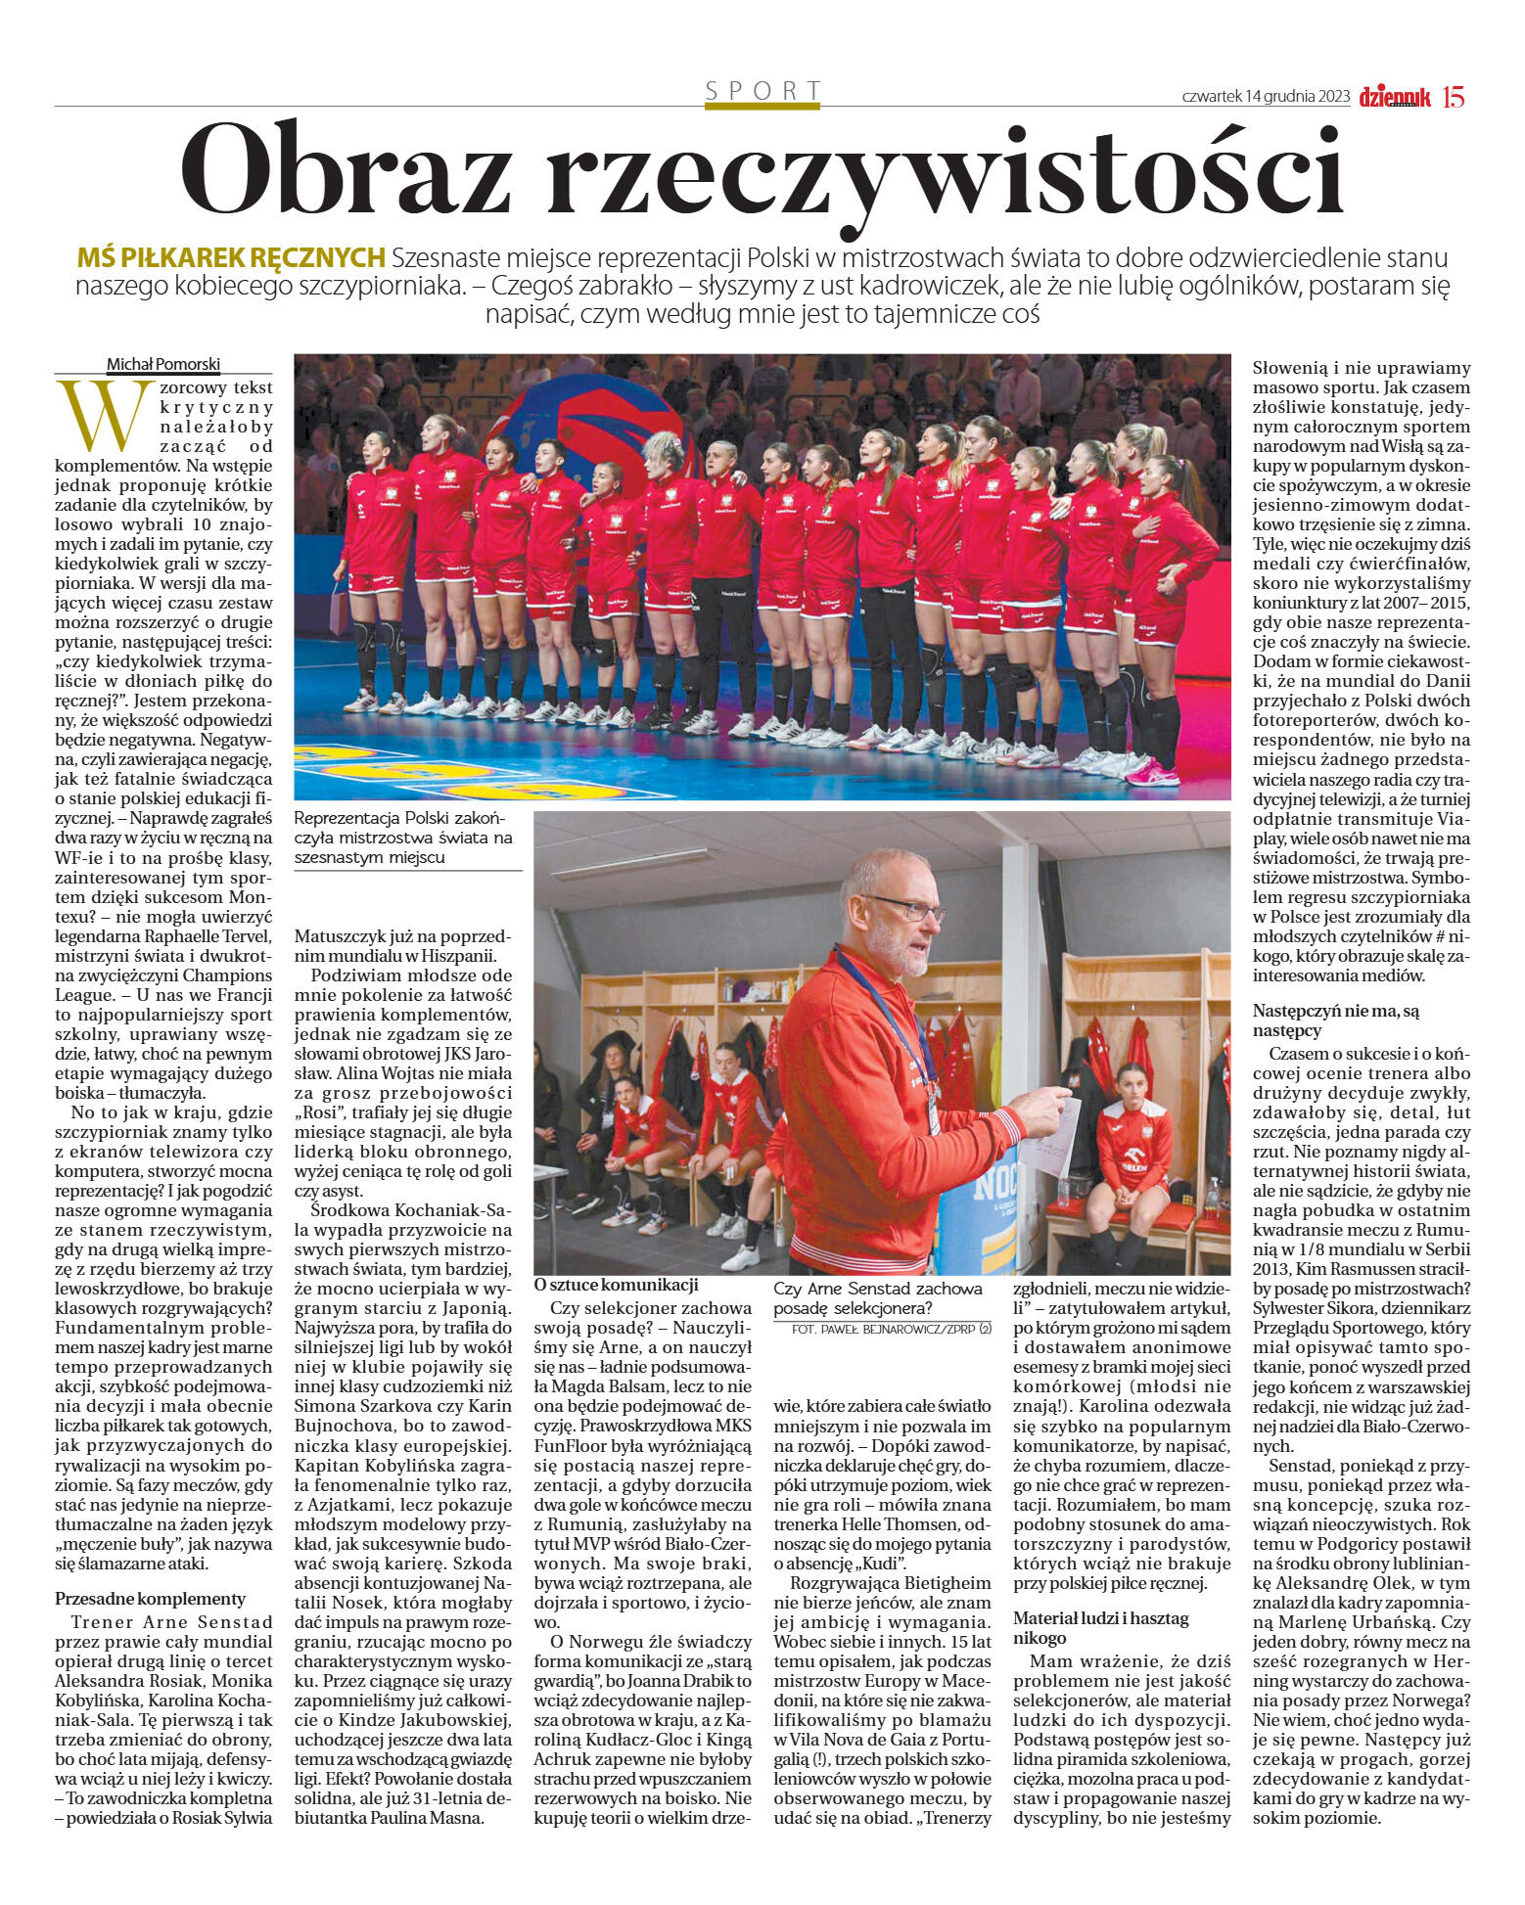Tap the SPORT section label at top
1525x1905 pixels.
click(762, 91)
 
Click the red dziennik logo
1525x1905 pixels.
click(1394, 97)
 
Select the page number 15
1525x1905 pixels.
click(1453, 97)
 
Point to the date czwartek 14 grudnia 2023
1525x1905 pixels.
click(1265, 97)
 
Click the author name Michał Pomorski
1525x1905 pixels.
click(163, 364)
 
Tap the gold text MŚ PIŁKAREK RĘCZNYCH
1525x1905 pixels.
click(231, 258)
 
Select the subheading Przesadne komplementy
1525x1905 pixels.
click(150, 1598)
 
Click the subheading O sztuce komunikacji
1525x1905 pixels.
click(616, 1285)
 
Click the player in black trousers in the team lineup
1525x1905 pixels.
click(888, 626)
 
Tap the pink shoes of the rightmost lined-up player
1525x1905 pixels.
click(1153, 773)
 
